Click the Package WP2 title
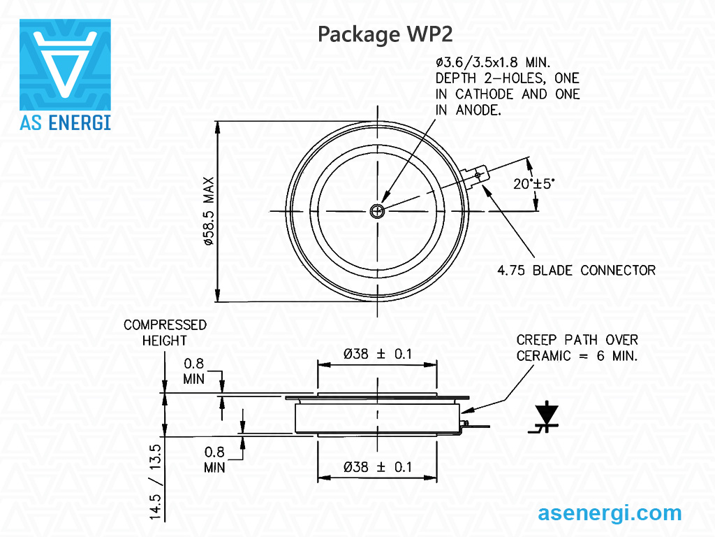pyautogui.click(x=385, y=34)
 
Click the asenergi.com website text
pyautogui.click(x=610, y=513)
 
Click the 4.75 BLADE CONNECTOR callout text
pyautogui.click(x=576, y=270)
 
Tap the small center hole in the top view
pyautogui.click(x=378, y=210)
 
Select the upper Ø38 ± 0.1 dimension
pyautogui.click(x=377, y=354)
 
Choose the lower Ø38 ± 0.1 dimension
pyautogui.click(x=377, y=467)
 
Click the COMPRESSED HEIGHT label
pyautogui.click(x=165, y=332)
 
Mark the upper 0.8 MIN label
pyautogui.click(x=194, y=371)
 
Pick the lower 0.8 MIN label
pyautogui.click(x=214, y=459)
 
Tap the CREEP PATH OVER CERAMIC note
pyautogui.click(x=577, y=348)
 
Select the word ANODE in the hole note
pyautogui.click(x=478, y=110)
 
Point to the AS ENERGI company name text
pyautogui.click(x=65, y=121)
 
